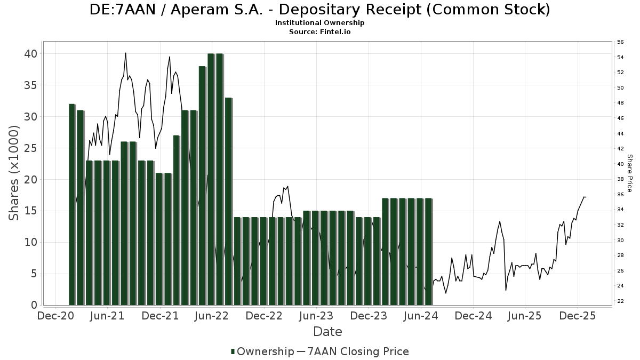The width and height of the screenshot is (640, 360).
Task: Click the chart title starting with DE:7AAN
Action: [x=319, y=10]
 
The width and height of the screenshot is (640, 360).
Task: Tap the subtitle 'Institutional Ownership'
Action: [x=319, y=23]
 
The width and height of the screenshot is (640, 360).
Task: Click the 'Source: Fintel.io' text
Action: [x=319, y=32]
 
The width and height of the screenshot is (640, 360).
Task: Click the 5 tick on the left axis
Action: [x=33, y=274]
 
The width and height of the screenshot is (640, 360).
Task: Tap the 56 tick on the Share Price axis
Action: [x=620, y=42]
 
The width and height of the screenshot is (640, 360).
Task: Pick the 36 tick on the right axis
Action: [x=620, y=195]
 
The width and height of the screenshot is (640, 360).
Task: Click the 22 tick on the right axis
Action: [x=620, y=301]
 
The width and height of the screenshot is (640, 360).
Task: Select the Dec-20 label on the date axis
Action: [x=56, y=316]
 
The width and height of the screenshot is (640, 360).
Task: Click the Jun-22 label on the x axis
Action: [x=212, y=316]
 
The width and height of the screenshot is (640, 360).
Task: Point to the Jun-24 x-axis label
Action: [x=421, y=316]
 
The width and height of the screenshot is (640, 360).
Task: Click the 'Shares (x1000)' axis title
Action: [x=14, y=173]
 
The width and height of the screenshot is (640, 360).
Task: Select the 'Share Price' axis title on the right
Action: [x=629, y=173]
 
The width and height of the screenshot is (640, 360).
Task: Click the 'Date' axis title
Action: [x=327, y=332]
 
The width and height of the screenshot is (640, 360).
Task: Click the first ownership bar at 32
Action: [x=72, y=204]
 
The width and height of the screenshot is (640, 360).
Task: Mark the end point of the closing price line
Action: [x=586, y=197]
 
